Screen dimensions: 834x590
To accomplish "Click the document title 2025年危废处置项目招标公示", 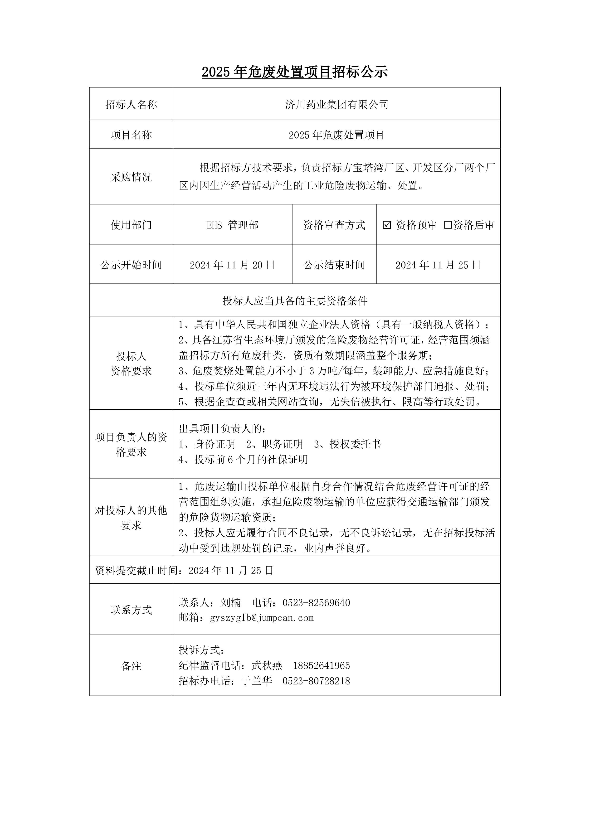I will pyautogui.click(x=295, y=72).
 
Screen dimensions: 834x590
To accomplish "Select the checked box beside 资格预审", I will pyautogui.click(x=387, y=225).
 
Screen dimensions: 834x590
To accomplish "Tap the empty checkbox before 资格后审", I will pyautogui.click(x=448, y=225).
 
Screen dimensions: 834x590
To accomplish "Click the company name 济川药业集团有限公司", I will pyautogui.click(x=336, y=105).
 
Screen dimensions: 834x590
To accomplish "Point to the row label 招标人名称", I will pyautogui.click(x=131, y=105).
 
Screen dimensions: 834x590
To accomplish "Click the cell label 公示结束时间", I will pyautogui.click(x=334, y=265).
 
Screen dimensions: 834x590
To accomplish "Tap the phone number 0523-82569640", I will pyautogui.click(x=316, y=603).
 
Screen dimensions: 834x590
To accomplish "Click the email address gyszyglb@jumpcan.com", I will pyautogui.click(x=262, y=617).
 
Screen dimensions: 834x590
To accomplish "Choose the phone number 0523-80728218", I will pyautogui.click(x=316, y=681).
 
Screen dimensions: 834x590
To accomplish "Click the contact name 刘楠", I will pyautogui.click(x=230, y=603).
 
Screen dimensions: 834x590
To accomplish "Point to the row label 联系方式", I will pyautogui.click(x=131, y=610).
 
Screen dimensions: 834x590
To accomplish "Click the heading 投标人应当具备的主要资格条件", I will pyautogui.click(x=295, y=301).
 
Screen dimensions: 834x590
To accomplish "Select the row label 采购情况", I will pyautogui.click(x=131, y=177).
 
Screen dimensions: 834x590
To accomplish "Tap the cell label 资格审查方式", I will pyautogui.click(x=334, y=225).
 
